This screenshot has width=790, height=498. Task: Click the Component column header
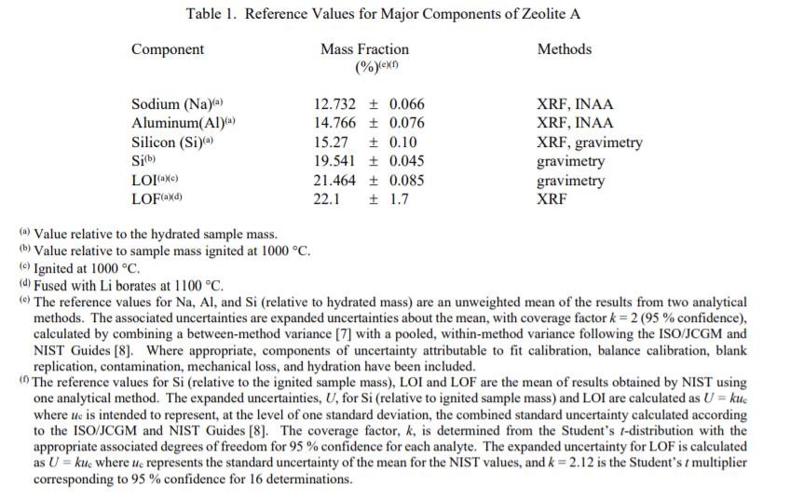[168, 49]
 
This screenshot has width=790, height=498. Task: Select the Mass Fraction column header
[364, 49]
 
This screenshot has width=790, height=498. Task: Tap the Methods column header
[564, 49]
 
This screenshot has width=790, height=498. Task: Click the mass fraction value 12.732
[334, 104]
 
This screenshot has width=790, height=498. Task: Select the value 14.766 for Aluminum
[334, 123]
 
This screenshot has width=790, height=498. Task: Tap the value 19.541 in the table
[334, 162]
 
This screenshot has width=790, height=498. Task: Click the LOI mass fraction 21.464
[334, 181]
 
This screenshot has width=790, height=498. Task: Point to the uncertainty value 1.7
[399, 199]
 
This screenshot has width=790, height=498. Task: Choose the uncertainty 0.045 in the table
[406, 162]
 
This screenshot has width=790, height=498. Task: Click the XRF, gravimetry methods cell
[589, 142]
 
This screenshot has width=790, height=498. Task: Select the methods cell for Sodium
[575, 104]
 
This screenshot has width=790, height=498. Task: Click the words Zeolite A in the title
[549, 14]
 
